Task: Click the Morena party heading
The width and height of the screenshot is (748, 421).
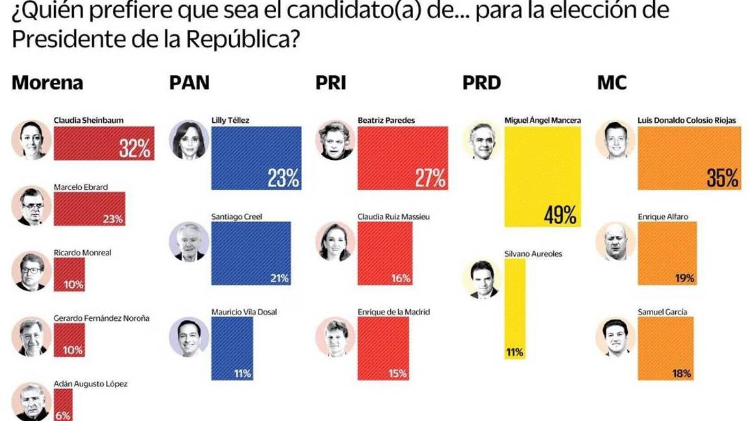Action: [47, 83]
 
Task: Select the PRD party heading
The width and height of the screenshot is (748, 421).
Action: [481, 83]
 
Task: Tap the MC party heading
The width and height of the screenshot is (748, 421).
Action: [611, 83]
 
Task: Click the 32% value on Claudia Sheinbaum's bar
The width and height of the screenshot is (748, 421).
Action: [135, 149]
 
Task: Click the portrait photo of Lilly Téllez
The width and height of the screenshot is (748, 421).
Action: [188, 140]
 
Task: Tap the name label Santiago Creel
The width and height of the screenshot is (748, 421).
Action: [237, 216]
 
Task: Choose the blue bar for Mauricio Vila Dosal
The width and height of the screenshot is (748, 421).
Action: [232, 348]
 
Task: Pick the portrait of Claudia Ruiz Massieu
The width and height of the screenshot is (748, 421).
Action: [335, 242]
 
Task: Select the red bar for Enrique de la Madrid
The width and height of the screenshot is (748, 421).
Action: [383, 348]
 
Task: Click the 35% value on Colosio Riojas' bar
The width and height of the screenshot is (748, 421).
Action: [723, 178]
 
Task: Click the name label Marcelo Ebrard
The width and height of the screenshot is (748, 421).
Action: [81, 187]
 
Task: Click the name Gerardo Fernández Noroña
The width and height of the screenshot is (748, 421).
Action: [101, 318]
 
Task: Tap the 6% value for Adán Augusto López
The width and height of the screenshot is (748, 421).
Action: [63, 415]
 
